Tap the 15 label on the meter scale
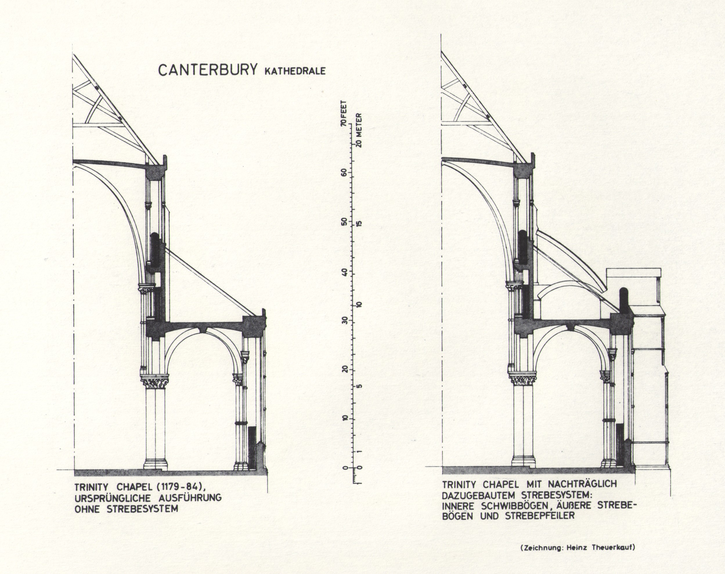359,224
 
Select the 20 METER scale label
359,129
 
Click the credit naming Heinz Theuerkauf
578,547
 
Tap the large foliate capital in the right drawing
523,380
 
